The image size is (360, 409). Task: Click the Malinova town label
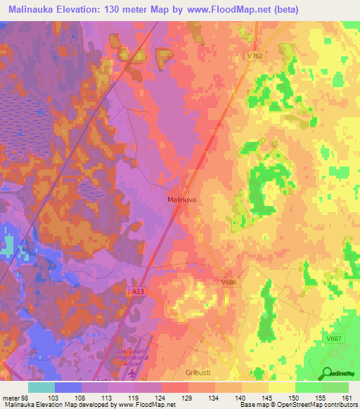tap(181, 200)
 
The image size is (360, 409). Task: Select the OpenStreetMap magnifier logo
tap(328, 373)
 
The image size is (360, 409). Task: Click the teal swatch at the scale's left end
tap(41, 387)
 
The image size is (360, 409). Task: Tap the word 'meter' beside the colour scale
tap(12, 398)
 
